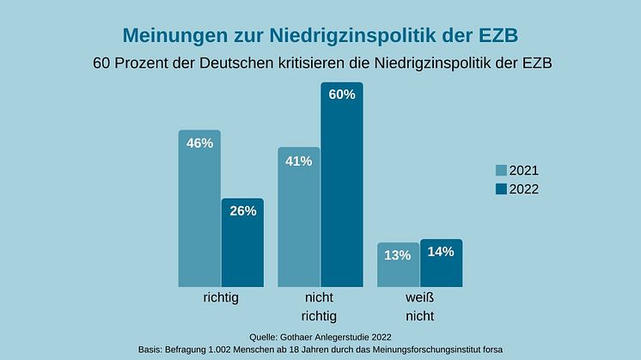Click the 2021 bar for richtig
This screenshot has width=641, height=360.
click(199, 215)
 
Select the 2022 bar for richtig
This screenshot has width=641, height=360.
click(242, 249)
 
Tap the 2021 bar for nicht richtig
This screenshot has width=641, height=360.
click(298, 223)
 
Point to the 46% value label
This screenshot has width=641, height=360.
click(199, 143)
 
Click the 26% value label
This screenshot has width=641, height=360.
click(242, 211)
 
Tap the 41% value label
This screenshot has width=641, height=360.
click(298, 161)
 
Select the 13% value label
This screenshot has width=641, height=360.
click(398, 255)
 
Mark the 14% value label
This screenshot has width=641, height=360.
click(442, 253)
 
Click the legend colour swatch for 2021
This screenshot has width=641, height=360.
click(501, 170)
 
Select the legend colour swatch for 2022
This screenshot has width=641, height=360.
click(501, 189)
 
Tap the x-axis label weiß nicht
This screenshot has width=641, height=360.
click(419, 307)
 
